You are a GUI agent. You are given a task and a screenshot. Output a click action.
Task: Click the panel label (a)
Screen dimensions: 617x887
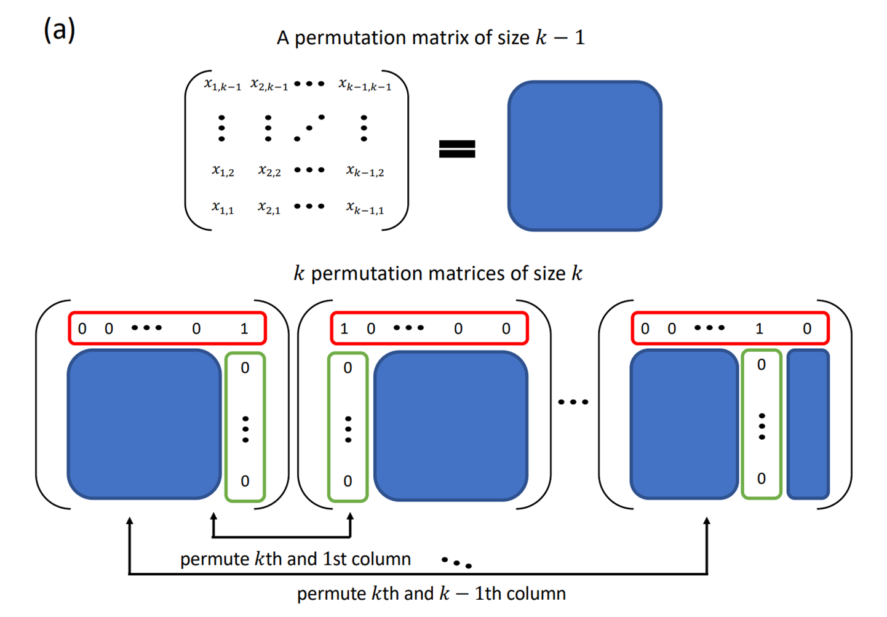tap(59, 30)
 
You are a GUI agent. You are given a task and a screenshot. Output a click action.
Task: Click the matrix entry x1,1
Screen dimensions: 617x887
tap(223, 208)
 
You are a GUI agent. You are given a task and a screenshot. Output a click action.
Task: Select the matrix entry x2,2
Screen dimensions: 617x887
tap(269, 170)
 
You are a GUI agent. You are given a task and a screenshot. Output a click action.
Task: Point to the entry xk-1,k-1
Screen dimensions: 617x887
tap(365, 84)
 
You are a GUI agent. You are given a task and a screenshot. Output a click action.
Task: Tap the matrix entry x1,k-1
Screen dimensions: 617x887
tap(223, 84)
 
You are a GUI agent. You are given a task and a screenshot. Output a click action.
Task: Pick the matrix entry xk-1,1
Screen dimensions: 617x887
tap(365, 208)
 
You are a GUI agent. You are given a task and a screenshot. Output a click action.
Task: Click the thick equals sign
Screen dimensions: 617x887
tap(456, 149)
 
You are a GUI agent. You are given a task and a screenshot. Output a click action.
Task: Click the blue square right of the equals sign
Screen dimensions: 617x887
tap(584, 156)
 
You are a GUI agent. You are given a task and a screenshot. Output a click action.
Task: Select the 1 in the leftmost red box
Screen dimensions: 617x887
tap(244, 329)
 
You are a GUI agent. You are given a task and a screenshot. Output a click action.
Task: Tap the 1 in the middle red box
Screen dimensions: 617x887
tap(344, 329)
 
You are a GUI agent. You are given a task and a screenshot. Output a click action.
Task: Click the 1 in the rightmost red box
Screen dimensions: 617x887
tap(760, 329)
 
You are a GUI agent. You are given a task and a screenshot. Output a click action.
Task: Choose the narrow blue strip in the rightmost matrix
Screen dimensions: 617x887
tap(808, 424)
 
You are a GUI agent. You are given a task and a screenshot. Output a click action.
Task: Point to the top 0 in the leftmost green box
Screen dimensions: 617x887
tap(245, 368)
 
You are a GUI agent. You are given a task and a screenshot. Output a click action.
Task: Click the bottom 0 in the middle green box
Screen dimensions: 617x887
tap(348, 481)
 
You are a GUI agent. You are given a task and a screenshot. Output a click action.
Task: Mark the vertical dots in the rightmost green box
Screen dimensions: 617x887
tap(762, 426)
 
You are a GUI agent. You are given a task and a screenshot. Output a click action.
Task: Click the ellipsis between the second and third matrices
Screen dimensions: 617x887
tap(573, 402)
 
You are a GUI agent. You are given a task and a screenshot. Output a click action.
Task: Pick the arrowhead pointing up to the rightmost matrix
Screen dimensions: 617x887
tap(707, 522)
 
